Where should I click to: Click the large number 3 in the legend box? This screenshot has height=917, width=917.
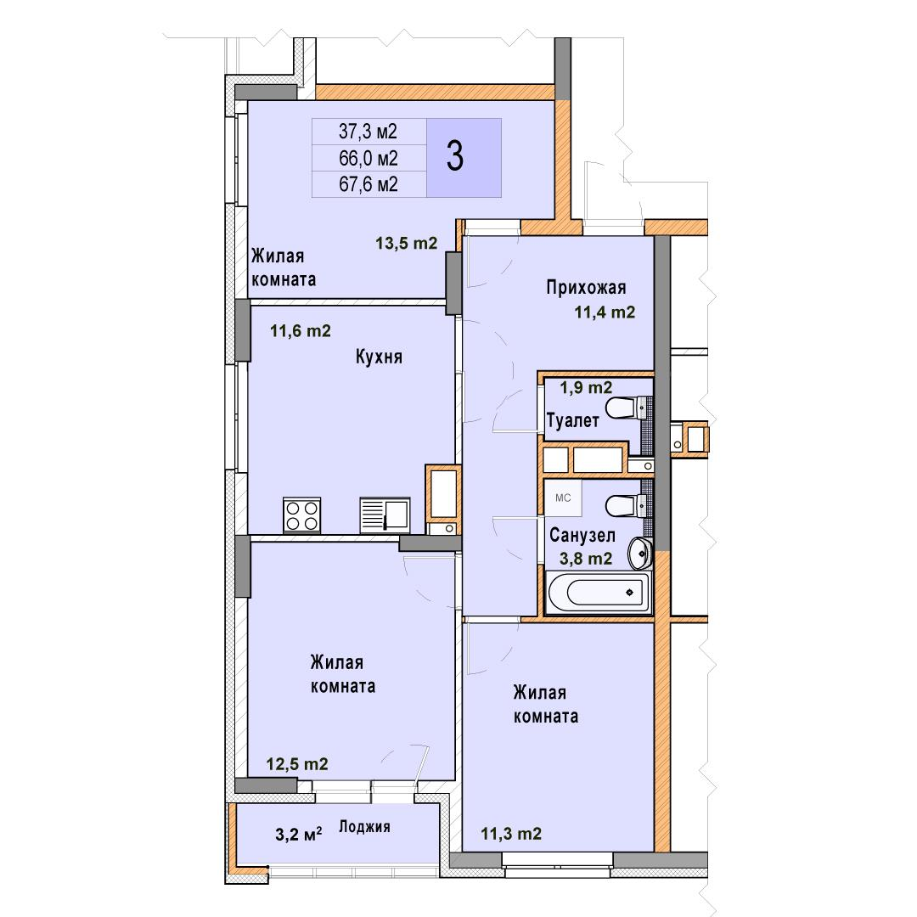455,156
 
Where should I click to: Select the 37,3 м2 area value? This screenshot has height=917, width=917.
368,131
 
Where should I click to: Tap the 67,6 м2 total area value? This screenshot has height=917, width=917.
368,184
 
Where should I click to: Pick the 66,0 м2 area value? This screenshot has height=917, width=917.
368,158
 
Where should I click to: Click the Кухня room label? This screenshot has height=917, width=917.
379,357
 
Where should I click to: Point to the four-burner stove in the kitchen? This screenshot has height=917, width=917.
301,515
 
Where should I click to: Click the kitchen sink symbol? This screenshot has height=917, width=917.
385,515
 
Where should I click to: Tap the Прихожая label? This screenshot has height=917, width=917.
586,287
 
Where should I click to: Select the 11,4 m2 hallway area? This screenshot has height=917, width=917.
605,312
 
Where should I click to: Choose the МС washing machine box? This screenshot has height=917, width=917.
563,498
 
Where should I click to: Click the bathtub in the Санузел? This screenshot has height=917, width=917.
599,593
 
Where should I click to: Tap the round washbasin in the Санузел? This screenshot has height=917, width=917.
640,553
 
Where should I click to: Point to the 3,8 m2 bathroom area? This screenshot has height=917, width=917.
586,559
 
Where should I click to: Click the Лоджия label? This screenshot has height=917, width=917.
364,827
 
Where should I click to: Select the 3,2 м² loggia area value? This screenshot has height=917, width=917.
298,834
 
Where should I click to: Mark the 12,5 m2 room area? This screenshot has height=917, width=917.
297,764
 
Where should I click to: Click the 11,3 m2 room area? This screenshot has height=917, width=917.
511,834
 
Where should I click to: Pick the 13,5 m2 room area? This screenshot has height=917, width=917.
407,243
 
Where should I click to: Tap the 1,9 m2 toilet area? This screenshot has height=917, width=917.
586,387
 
